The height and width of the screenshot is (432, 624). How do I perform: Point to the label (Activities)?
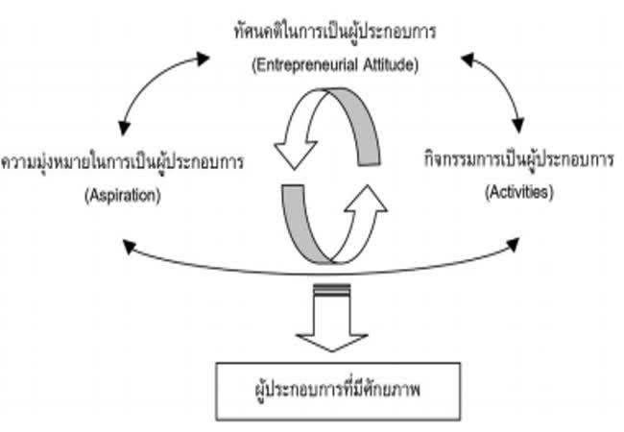[x=517, y=192]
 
